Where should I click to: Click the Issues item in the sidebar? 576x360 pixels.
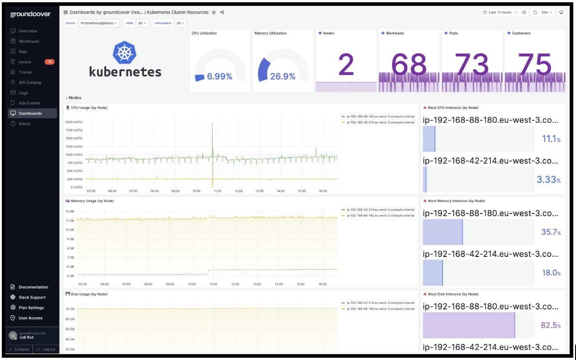pos(25,62)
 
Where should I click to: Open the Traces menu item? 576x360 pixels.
pos(25,72)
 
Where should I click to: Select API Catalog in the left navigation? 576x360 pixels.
pos(30,83)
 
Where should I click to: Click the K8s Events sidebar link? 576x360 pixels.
pos(29,103)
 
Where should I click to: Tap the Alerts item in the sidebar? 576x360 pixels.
pos(25,124)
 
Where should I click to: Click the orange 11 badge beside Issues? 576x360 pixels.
pos(49,62)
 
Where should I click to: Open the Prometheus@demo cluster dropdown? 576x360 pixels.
pos(99,23)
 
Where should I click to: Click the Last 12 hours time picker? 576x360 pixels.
pos(500,12)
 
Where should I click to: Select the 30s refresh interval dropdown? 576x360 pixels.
pos(547,12)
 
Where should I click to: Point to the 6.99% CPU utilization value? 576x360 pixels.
pos(219,77)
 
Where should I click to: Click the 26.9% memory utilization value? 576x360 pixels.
pos(283,77)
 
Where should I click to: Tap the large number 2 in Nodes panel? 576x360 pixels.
pos(346,65)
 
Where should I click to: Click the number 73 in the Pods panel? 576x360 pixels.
pos(472,65)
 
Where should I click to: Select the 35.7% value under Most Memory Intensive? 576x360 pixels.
pos(550,232)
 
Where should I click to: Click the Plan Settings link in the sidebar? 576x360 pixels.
pos(31,308)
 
